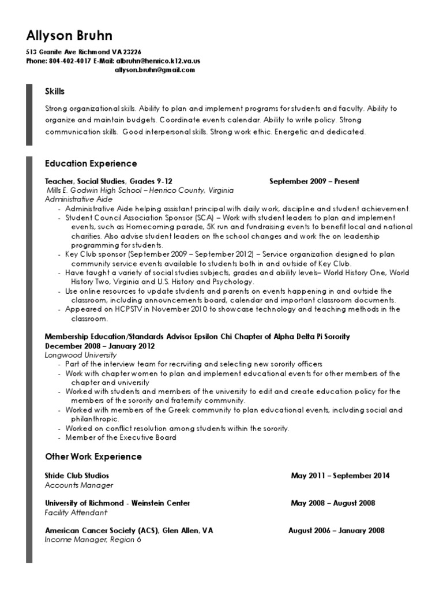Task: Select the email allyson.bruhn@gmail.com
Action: [x=155, y=70]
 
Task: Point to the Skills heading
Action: [x=55, y=91]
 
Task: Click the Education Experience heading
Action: [x=91, y=163]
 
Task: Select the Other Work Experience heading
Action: [x=93, y=457]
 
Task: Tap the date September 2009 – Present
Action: [x=314, y=181]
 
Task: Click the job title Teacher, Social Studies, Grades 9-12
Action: [x=108, y=181]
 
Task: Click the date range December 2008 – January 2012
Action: [x=100, y=346]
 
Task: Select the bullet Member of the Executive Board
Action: [x=121, y=437]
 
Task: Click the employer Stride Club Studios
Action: [x=77, y=476]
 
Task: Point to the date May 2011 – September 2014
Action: [x=340, y=476]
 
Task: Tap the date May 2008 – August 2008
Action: [x=333, y=503]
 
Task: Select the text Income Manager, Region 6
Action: [x=93, y=540]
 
